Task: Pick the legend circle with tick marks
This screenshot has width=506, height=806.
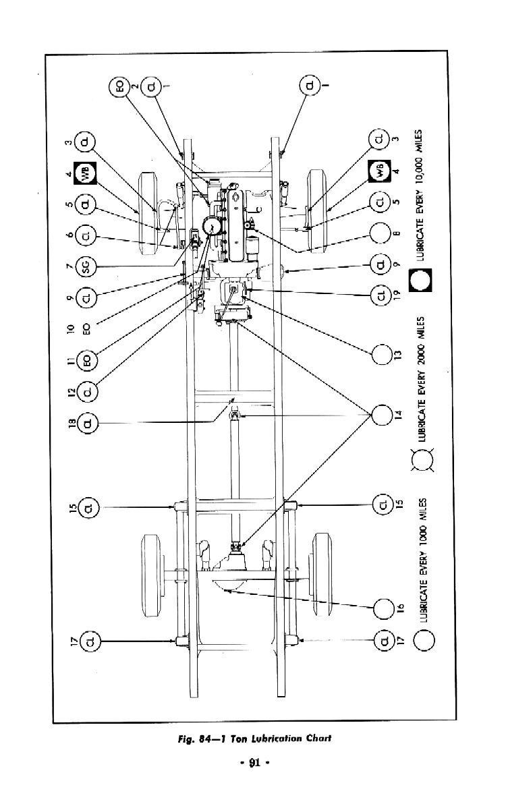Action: pyautogui.click(x=422, y=461)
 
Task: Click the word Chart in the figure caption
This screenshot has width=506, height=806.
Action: pyautogui.click(x=316, y=738)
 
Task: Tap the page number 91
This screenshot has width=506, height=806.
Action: pyautogui.click(x=254, y=764)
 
